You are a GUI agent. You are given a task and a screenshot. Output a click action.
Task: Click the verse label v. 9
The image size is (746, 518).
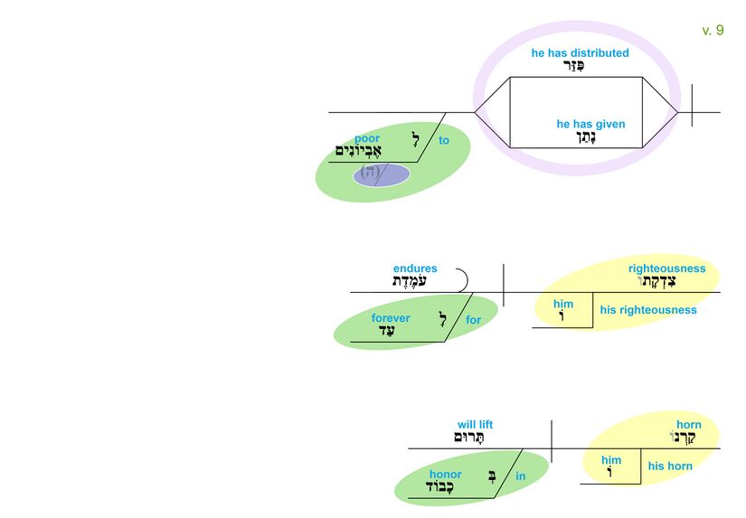pyautogui.click(x=713, y=31)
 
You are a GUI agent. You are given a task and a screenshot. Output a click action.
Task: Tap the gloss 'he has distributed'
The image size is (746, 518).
pyautogui.click(x=580, y=53)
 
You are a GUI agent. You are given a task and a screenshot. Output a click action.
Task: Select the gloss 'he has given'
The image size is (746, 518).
pyautogui.click(x=590, y=125)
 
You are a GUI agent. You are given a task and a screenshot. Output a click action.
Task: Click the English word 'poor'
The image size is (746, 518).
pyautogui.click(x=367, y=138)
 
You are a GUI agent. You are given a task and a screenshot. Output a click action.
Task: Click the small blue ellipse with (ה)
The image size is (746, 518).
pyautogui.click(x=380, y=173)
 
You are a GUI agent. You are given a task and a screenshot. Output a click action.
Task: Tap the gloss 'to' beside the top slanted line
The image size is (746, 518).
pyautogui.click(x=444, y=141)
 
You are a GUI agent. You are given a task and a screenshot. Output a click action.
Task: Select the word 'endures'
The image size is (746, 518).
pyautogui.click(x=415, y=268)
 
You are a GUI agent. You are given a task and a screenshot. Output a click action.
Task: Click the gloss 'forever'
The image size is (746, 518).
pyautogui.click(x=391, y=318)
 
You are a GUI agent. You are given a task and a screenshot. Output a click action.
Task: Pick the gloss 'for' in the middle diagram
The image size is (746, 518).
pyautogui.click(x=474, y=320)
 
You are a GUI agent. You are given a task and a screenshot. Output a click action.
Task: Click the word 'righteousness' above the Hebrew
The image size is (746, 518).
pyautogui.click(x=666, y=268)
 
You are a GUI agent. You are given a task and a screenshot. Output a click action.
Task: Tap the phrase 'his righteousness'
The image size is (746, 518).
pyautogui.click(x=648, y=310)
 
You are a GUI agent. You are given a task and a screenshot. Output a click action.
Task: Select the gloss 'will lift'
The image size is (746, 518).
pyautogui.click(x=475, y=425)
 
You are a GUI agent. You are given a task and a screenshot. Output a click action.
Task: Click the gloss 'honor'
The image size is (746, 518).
pyautogui.click(x=445, y=475)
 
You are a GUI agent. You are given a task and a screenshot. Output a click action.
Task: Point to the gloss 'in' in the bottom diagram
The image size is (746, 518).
pyautogui.click(x=521, y=476)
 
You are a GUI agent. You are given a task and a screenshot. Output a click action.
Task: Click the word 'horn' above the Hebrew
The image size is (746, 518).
pyautogui.click(x=688, y=425)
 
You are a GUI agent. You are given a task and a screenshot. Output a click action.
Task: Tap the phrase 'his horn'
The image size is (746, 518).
pyautogui.click(x=670, y=466)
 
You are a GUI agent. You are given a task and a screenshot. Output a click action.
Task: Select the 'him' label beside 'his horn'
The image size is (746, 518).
pyautogui.click(x=611, y=460)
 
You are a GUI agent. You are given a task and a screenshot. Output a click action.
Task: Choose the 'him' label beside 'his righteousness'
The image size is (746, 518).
pyautogui.click(x=563, y=305)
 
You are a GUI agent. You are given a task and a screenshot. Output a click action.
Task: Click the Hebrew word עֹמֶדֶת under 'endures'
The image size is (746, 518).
pyautogui.click(x=409, y=282)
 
